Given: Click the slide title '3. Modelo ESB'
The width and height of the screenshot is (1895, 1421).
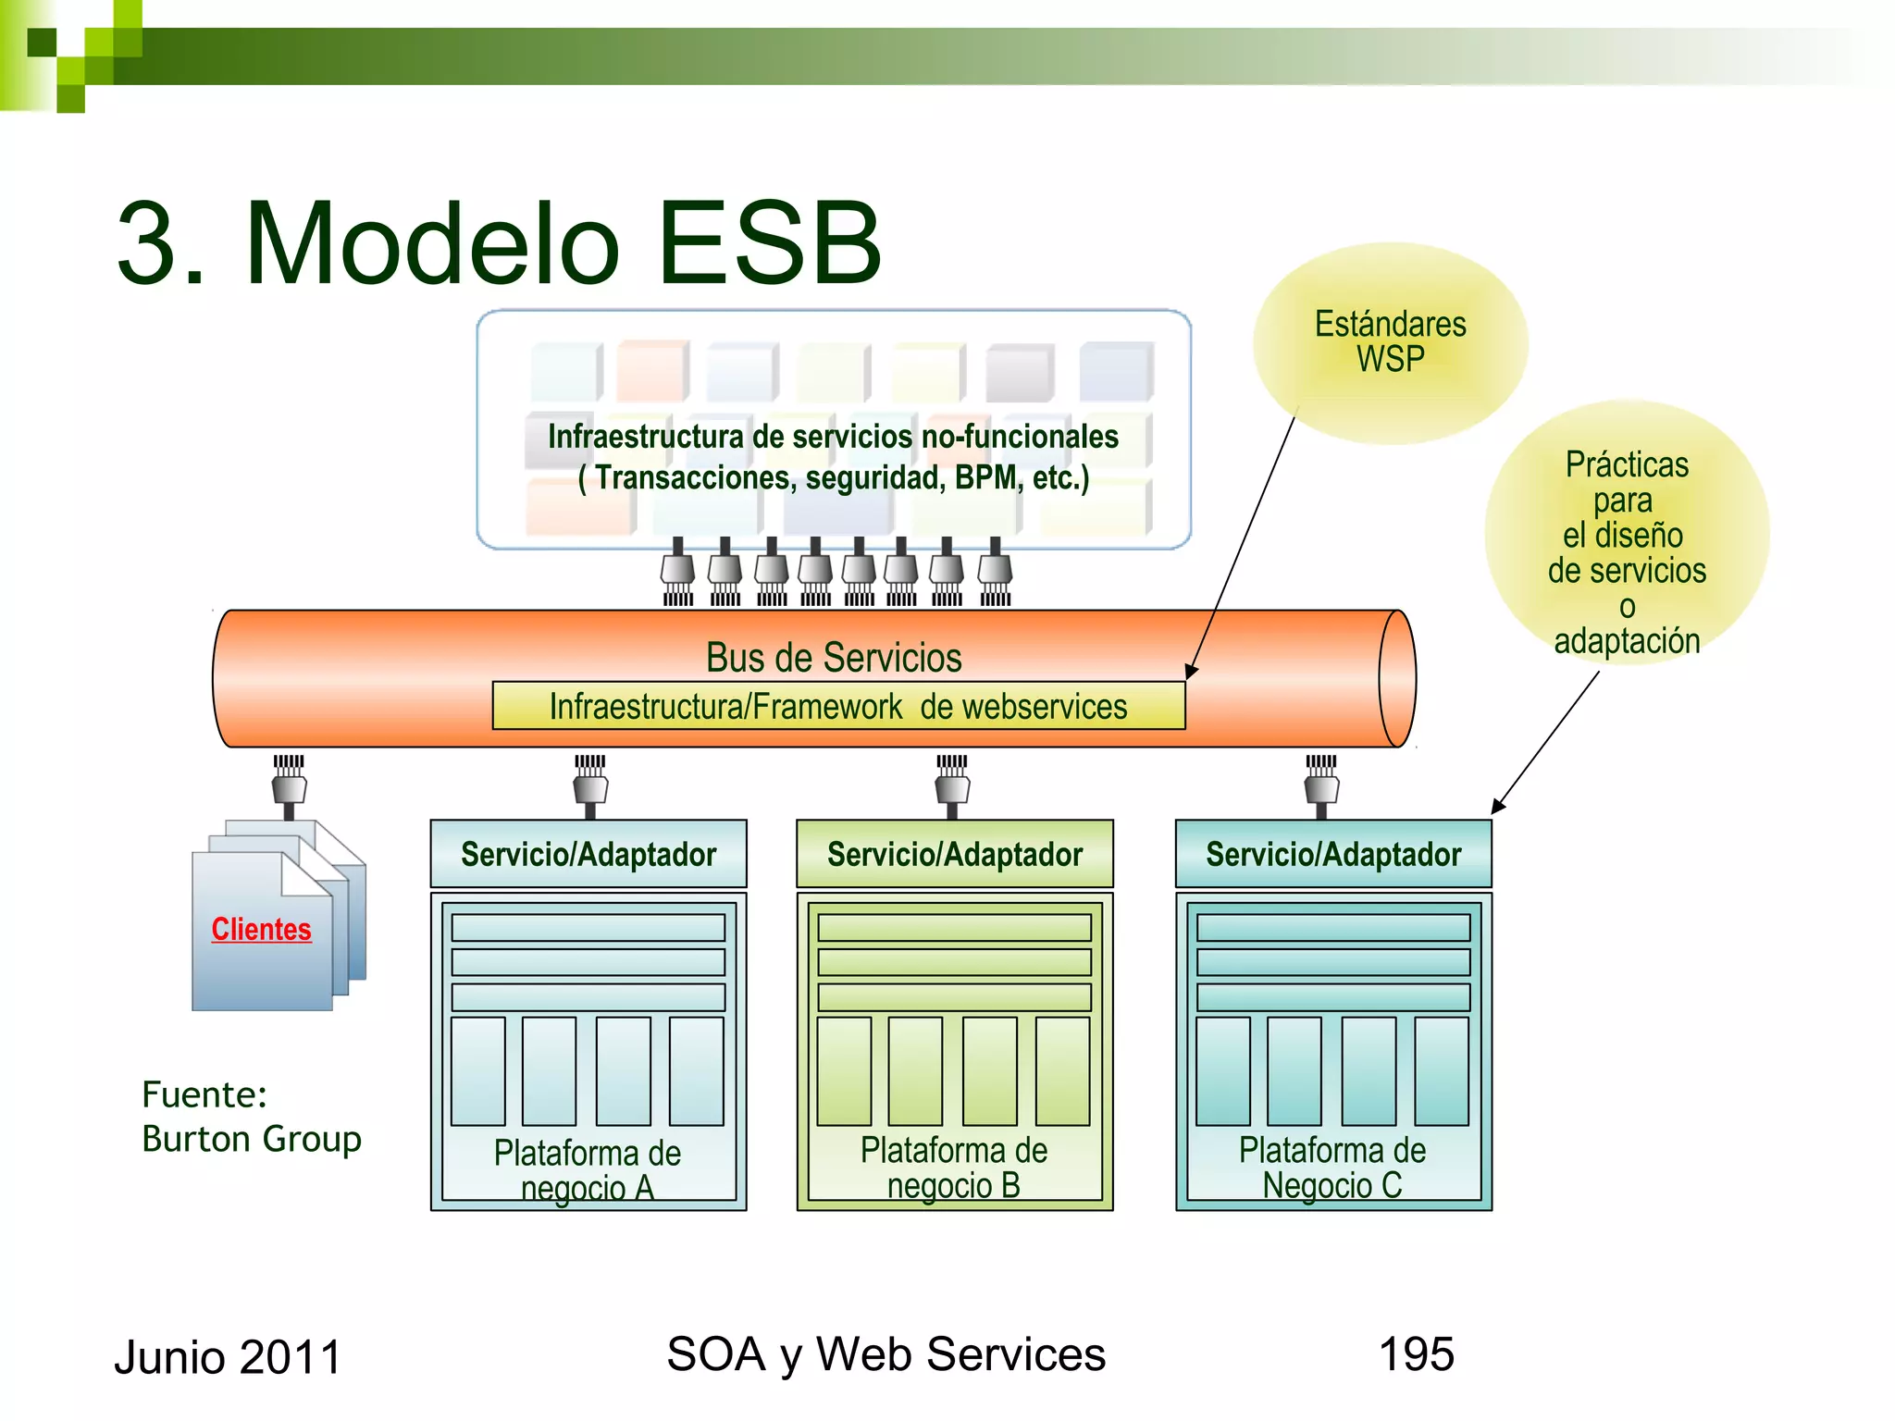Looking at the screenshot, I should [500, 242].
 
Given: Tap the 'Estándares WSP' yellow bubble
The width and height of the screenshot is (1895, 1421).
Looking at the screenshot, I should [1390, 342].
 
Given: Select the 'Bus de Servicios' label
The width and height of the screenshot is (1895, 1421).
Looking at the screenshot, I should [833, 658].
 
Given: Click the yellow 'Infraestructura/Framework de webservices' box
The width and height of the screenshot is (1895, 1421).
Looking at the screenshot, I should [838, 707].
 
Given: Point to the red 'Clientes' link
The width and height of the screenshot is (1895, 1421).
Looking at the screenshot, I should [261, 929].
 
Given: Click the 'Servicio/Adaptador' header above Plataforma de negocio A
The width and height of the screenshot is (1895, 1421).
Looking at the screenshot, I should [588, 854].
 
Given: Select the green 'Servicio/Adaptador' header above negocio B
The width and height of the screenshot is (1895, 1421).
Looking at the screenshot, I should [954, 854].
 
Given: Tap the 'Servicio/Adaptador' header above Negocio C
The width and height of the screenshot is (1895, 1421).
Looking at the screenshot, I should [1333, 854].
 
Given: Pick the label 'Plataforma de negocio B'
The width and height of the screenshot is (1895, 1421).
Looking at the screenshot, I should [954, 1168].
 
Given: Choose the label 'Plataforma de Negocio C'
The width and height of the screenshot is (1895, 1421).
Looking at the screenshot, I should [1332, 1168].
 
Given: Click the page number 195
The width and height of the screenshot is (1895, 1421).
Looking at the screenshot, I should [1416, 1354].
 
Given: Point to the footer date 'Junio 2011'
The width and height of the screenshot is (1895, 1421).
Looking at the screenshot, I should [228, 1357].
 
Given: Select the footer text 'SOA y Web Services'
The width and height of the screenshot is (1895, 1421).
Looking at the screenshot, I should [886, 1354].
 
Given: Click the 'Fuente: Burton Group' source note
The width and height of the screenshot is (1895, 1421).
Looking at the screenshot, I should [251, 1117].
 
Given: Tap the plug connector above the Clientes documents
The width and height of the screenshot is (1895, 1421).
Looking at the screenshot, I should [289, 786].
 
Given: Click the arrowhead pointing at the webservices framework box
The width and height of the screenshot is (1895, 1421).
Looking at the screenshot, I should [1191, 672].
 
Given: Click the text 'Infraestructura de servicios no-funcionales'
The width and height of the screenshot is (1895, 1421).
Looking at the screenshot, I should [833, 437].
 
